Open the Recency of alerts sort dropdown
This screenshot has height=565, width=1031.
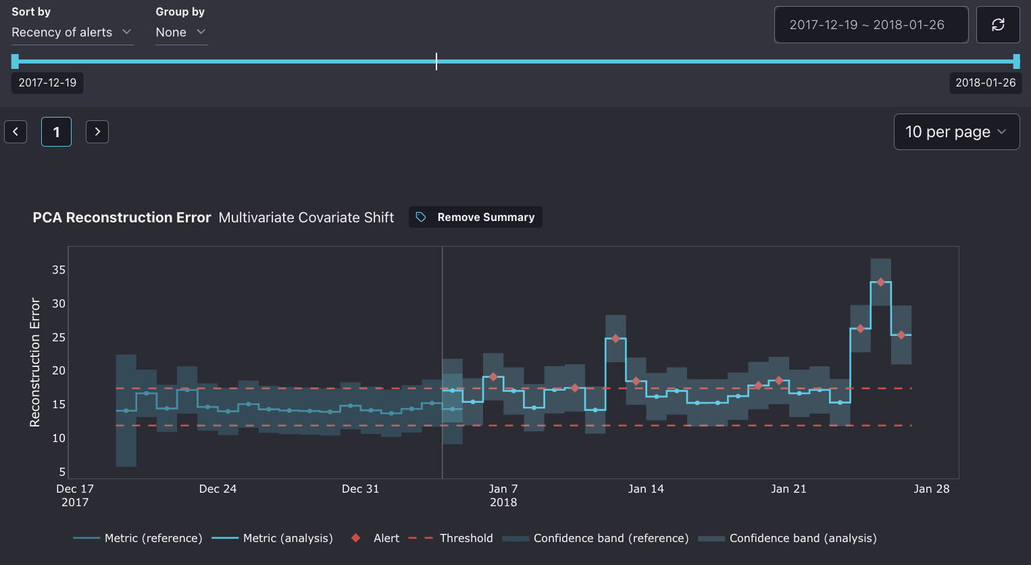click(72, 32)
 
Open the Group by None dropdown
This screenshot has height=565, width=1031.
click(180, 32)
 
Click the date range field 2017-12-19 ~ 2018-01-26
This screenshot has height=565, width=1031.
click(870, 25)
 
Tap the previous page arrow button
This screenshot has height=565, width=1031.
click(16, 132)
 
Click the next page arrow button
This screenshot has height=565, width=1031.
click(97, 132)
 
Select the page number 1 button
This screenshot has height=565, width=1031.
click(56, 132)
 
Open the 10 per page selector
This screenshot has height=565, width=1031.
click(956, 132)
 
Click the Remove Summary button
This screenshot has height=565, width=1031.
click(476, 217)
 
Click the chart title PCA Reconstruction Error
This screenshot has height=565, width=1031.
click(122, 218)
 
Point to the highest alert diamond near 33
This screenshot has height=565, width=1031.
click(880, 282)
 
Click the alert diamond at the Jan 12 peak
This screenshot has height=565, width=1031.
click(615, 339)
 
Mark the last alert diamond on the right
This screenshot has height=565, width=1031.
click(901, 335)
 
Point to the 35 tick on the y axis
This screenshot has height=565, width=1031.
click(59, 270)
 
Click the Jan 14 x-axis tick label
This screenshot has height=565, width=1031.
click(646, 489)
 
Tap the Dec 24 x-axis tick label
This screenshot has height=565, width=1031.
click(218, 489)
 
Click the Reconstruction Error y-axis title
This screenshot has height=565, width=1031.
click(34, 362)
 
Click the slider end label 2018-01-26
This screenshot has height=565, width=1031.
click(985, 82)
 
